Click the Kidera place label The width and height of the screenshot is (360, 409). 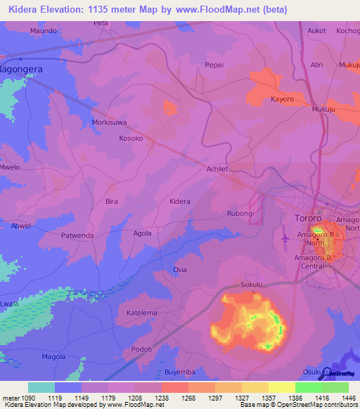(x=180, y=202)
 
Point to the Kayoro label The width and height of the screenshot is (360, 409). (x=282, y=99)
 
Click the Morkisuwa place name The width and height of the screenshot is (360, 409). (x=110, y=122)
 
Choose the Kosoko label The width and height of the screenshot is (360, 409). (x=131, y=138)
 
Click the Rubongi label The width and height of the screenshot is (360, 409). (x=240, y=213)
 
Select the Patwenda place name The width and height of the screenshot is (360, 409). (x=77, y=235)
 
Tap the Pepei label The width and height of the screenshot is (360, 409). (x=214, y=64)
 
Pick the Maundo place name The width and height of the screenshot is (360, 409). (x=43, y=31)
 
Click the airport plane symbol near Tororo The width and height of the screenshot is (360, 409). (x=285, y=240)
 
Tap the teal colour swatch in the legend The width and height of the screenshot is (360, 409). (x=41, y=387)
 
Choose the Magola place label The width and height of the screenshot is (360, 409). (x=53, y=356)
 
